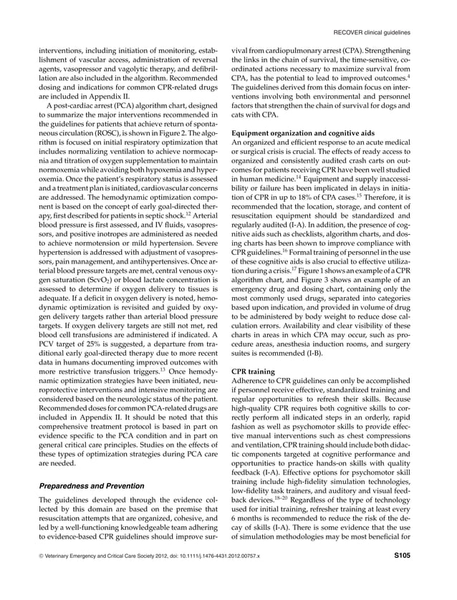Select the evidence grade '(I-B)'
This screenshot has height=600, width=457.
tap(319, 352)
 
